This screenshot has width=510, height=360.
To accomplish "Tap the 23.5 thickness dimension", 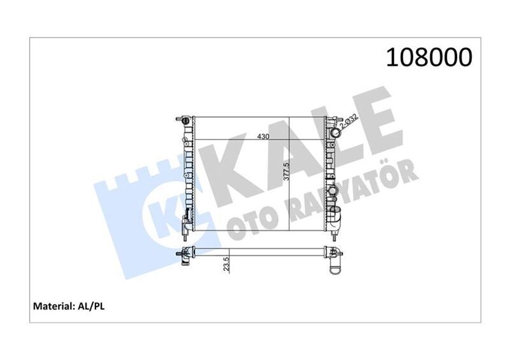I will click(226, 264).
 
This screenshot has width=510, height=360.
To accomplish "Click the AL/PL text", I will click(92, 307).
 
